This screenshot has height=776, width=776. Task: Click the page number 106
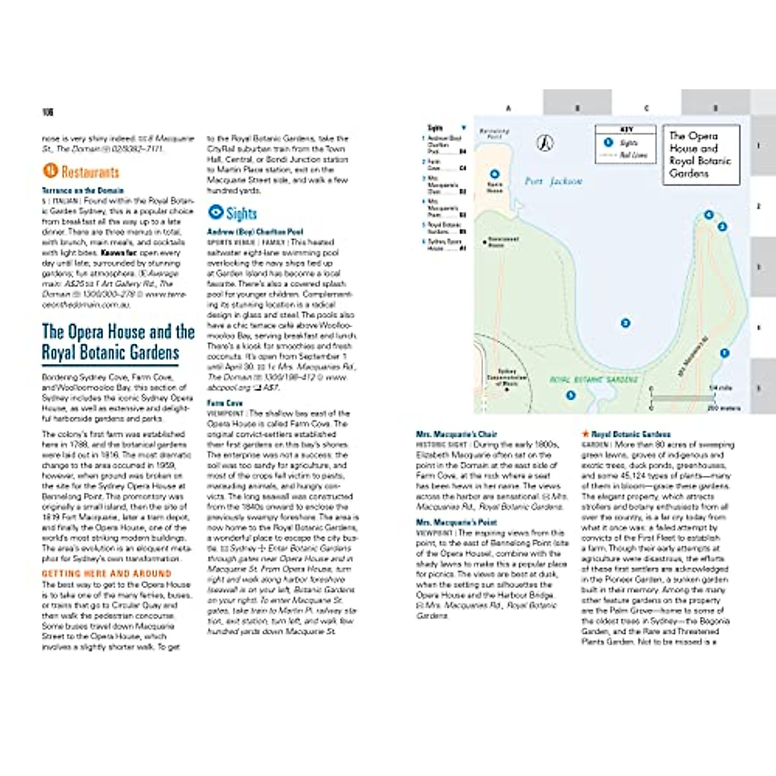pos(47,112)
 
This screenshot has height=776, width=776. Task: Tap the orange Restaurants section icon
pos(50,171)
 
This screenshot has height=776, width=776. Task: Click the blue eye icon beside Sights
pos(215,212)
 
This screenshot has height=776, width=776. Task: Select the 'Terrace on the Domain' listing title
pos(83,191)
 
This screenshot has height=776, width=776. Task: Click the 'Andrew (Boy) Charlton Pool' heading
pos(255,232)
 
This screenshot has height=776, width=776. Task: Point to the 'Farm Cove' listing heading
pos(225,403)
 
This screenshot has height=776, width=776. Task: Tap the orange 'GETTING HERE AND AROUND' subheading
pos(107,574)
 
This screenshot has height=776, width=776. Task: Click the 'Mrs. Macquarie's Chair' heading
pos(457,435)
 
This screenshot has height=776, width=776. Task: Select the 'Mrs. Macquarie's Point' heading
pos(457,522)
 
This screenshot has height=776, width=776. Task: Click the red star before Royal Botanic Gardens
pos(586,434)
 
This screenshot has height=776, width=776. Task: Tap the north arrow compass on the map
pos(546,142)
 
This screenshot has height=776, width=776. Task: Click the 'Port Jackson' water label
pos(553,182)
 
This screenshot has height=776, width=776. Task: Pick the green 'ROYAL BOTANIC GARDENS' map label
pos(594,380)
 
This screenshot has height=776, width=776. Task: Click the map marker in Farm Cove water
pos(625,323)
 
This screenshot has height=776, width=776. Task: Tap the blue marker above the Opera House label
pos(495,174)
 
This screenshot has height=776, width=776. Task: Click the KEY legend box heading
pos(626,129)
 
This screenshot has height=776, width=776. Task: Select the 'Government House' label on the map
pos(502,242)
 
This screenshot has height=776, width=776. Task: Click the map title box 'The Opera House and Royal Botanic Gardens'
pos(700,155)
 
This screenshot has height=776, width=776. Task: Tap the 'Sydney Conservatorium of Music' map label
pos(506,378)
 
